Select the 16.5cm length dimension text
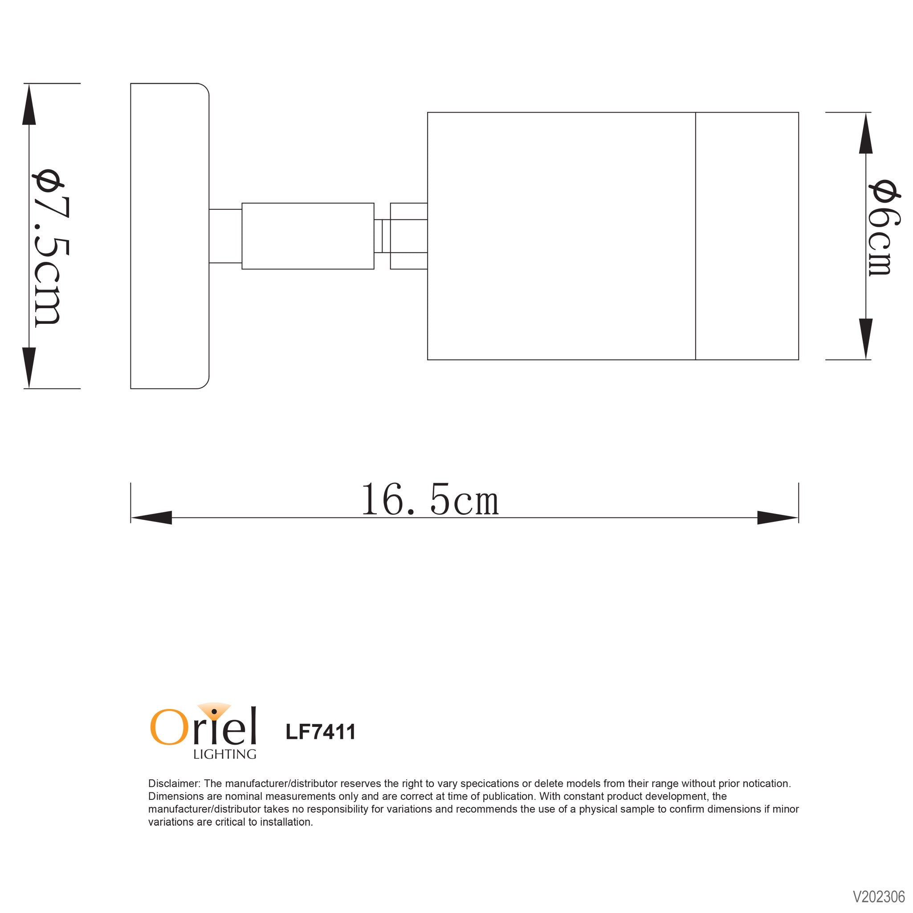pyautogui.click(x=430, y=500)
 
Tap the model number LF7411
pyautogui.click(x=320, y=732)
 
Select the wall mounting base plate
pyautogui.click(x=170, y=236)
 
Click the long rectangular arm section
pyautogui.click(x=308, y=236)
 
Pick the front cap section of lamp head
pyautogui.click(x=747, y=236)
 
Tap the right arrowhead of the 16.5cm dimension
pyautogui.click(x=777, y=518)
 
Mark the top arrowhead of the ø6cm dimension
pyautogui.click(x=865, y=134)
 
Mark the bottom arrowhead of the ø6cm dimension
pyautogui.click(x=865, y=338)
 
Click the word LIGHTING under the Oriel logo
pyautogui.click(x=224, y=754)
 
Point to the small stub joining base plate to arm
pyautogui.click(x=225, y=236)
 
